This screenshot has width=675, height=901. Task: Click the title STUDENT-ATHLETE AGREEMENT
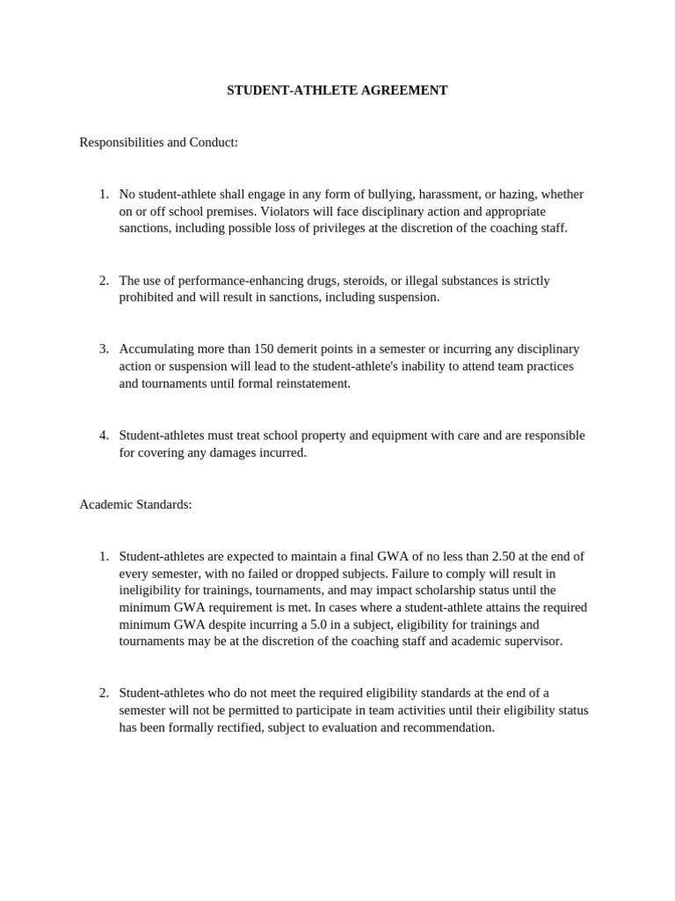tap(337, 91)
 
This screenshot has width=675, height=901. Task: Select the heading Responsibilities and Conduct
tap(159, 142)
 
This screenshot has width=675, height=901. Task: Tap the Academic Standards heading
tap(135, 504)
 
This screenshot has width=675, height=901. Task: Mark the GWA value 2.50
tap(483, 556)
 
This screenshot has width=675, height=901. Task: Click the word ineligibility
tap(153, 590)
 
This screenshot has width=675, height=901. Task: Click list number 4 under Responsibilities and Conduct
tap(104, 436)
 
